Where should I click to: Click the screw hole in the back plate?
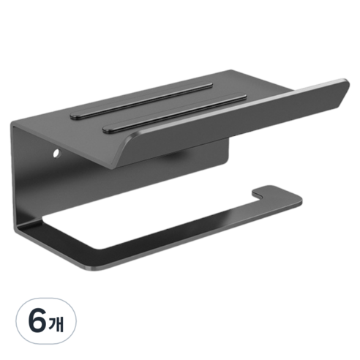(x=57, y=154)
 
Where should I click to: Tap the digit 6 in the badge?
(x=37, y=320)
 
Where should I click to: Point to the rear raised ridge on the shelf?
(x=141, y=101)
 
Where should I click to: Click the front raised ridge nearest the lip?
(x=175, y=113)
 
